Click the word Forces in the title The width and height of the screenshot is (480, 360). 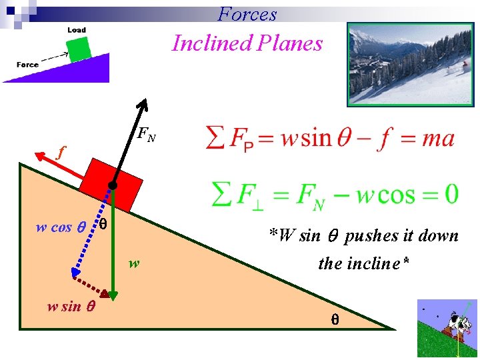(x=247, y=13)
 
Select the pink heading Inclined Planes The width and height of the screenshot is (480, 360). (x=247, y=43)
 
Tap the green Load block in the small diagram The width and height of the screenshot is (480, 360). (x=79, y=49)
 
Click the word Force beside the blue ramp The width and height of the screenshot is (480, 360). (x=28, y=65)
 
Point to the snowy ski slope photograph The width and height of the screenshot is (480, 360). (x=410, y=64)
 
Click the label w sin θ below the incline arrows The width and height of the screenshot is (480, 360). (x=70, y=307)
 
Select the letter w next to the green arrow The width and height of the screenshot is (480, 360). (x=135, y=263)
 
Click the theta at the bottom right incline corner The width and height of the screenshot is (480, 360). (x=335, y=319)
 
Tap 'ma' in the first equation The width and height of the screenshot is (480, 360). (x=438, y=139)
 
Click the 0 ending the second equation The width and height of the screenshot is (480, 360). (x=451, y=195)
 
